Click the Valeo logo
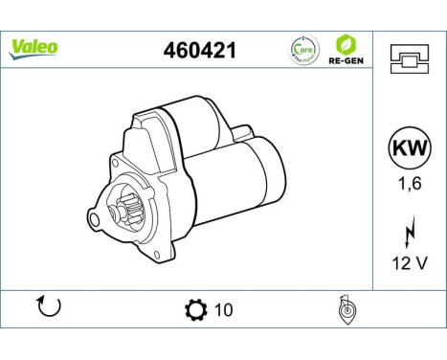pyautogui.click(x=34, y=46)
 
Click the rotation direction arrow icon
pyautogui.click(x=48, y=307)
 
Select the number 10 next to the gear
pyautogui.click(x=224, y=309)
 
